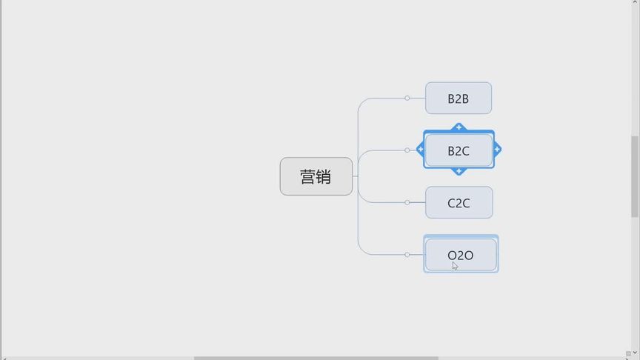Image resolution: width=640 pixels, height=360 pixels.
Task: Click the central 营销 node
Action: point(316,176)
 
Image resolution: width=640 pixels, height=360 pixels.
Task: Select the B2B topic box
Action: point(459,99)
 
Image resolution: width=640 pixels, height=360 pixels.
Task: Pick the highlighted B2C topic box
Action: point(459,150)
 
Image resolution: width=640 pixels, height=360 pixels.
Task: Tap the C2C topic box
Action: point(459,202)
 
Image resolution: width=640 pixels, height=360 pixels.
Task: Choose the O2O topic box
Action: point(461,254)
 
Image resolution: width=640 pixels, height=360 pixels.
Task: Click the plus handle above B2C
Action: point(459,127)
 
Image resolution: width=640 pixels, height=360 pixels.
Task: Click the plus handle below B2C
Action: point(459,171)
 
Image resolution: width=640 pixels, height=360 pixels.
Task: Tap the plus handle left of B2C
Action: point(421,150)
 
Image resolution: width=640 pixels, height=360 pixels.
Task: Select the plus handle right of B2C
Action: point(497,150)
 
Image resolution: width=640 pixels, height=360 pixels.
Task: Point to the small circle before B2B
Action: point(407,98)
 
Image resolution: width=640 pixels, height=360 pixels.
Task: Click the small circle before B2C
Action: point(407,150)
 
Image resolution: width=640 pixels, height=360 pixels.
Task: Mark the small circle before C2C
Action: point(407,202)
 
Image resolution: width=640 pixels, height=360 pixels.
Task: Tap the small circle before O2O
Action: point(407,255)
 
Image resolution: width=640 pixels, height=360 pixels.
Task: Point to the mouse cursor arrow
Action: point(455,265)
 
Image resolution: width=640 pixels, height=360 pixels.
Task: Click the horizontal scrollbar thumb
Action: point(316,358)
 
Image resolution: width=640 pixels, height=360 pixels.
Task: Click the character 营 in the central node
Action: point(308,177)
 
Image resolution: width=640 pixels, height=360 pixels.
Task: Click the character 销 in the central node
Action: point(324,177)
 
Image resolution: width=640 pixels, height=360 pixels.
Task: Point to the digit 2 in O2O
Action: point(460,256)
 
